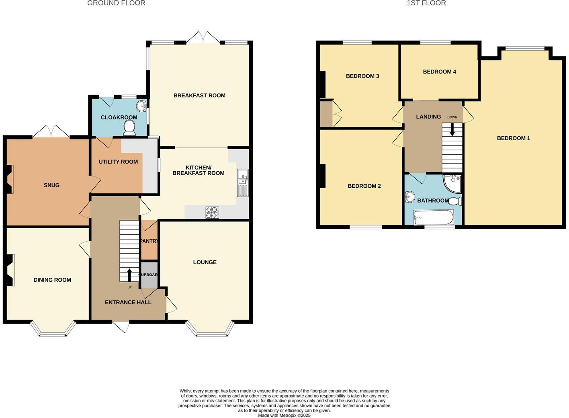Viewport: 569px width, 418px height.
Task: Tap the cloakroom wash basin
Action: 141,106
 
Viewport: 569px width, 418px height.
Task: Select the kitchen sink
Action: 243,183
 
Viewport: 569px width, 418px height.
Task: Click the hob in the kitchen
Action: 212,212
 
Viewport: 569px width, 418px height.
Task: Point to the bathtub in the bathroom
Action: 434,217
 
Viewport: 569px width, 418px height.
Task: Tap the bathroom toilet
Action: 455,201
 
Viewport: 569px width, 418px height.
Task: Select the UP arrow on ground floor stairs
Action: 129,275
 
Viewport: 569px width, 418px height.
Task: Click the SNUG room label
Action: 51,185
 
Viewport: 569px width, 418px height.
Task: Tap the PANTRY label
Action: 149,241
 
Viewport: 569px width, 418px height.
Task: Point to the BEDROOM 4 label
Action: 439,72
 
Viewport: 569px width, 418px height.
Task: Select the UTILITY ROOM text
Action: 118,162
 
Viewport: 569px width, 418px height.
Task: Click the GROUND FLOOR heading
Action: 116,3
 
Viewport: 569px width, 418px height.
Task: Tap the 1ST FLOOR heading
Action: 426,3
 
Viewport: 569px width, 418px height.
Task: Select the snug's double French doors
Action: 51,132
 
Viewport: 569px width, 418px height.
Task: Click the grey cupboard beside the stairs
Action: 149,275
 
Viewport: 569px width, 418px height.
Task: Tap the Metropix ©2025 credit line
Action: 284,416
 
